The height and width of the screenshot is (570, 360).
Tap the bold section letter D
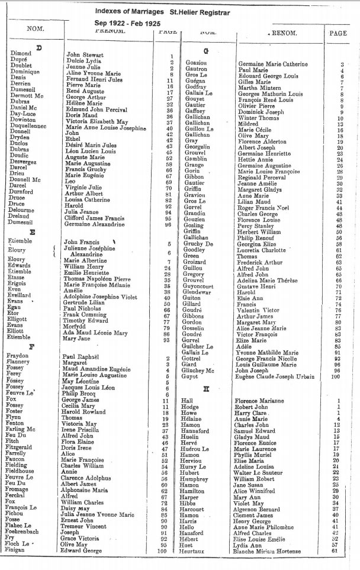(x=38, y=47)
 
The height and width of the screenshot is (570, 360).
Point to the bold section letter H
(x=206, y=389)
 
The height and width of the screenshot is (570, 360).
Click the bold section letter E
(x=32, y=231)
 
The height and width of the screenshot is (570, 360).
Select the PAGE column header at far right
(x=337, y=33)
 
